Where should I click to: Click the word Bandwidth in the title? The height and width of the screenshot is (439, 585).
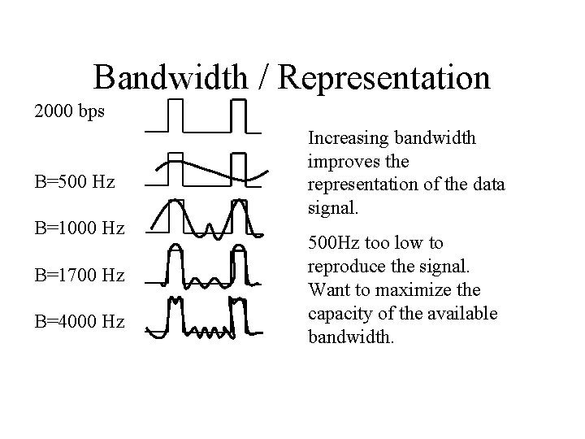click(x=171, y=78)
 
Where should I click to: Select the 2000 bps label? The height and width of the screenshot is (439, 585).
click(x=69, y=111)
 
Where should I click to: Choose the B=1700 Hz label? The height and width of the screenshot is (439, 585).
click(x=80, y=276)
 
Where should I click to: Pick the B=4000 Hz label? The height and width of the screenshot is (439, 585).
click(x=80, y=323)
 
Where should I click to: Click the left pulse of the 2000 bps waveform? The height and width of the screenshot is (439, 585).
click(x=175, y=114)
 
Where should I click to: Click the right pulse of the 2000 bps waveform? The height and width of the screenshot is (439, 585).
click(x=238, y=114)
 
